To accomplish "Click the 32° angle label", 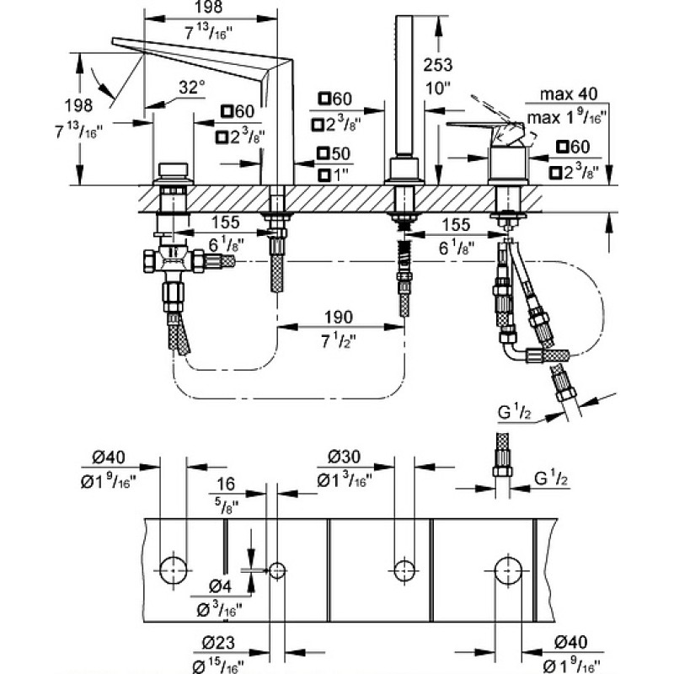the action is (191, 88).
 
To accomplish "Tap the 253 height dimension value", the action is (437, 66).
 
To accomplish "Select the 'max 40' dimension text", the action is (568, 94).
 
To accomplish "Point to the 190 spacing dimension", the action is (339, 318).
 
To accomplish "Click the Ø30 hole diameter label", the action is (344, 457).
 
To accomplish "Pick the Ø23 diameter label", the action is (219, 642).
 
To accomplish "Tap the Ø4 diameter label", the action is (220, 586).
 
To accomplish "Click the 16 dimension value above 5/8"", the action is (226, 484).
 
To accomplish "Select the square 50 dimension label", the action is (334, 153).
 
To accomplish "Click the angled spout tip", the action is (114, 40).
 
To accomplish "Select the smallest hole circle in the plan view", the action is (277, 571).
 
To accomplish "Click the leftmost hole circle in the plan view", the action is (174, 570).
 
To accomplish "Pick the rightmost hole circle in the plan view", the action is (509, 571).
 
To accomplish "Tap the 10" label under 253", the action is (437, 88).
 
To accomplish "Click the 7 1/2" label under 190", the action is (339, 341).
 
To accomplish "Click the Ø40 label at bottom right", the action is (571, 642).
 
